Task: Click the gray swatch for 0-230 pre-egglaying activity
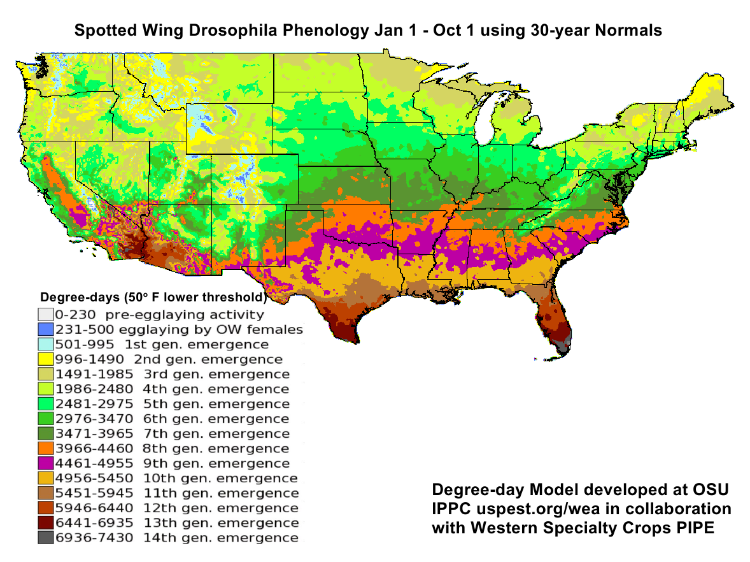(x=45, y=314)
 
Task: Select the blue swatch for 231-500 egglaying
(x=45, y=329)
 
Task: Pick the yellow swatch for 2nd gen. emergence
(x=45, y=359)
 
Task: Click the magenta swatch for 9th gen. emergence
(x=45, y=463)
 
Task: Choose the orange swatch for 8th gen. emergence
(x=45, y=449)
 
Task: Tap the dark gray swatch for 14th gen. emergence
(x=45, y=538)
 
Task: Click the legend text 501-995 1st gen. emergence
(x=162, y=344)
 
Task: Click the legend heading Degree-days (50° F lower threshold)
(x=153, y=298)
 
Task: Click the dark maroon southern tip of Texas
(x=344, y=331)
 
